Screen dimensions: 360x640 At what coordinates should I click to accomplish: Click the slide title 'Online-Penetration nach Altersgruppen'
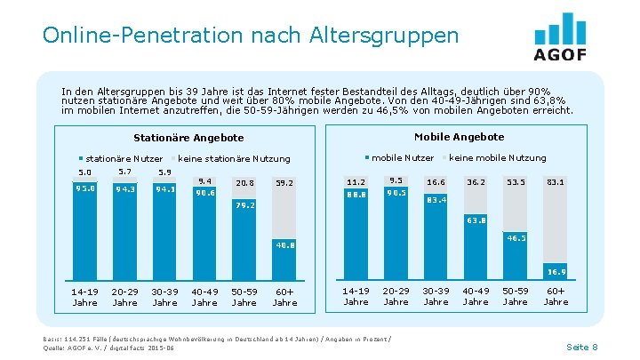[x=250, y=36]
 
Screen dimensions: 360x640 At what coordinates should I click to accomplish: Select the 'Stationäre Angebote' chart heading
[x=188, y=138]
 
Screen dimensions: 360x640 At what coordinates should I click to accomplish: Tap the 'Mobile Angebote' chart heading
[x=459, y=137]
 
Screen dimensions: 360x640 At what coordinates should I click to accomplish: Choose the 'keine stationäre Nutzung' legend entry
[x=233, y=158]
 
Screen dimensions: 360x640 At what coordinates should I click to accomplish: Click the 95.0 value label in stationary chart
[x=85, y=188]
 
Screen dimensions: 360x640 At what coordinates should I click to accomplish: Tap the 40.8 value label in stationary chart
[x=284, y=244]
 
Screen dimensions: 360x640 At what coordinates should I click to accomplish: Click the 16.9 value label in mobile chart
[x=556, y=271]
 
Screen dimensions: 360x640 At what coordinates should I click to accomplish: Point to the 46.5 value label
[x=516, y=238]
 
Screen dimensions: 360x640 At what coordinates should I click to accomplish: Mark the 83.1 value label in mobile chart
[x=556, y=181]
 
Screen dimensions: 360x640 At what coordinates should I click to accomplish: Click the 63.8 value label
[x=476, y=220]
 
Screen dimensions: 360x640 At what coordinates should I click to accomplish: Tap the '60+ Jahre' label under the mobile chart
[x=556, y=296]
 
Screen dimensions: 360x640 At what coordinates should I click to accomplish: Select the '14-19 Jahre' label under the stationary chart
[x=85, y=296]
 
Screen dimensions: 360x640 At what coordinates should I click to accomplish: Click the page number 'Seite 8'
[x=582, y=346]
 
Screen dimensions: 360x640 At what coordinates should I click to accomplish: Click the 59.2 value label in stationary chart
[x=284, y=182]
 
